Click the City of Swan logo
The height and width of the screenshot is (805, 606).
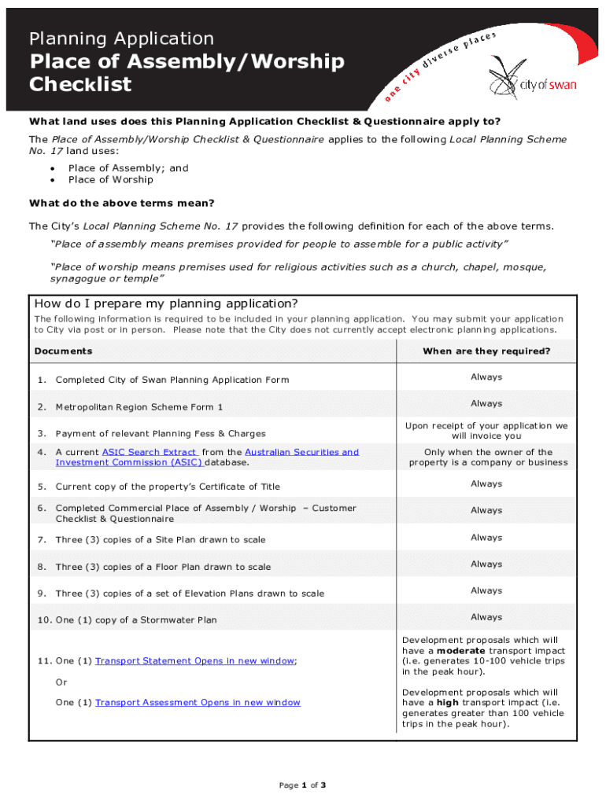[531, 79]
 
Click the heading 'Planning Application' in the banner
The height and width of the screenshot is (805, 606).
[121, 39]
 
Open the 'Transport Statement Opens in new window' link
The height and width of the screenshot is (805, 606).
[195, 661]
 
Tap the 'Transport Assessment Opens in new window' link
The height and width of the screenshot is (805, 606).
[198, 702]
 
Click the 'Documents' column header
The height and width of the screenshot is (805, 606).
[63, 351]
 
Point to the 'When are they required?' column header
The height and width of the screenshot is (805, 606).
[486, 351]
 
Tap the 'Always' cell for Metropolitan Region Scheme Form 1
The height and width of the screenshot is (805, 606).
[486, 403]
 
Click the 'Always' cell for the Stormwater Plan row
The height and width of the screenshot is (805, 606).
[486, 617]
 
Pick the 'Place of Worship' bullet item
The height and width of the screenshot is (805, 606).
[110, 179]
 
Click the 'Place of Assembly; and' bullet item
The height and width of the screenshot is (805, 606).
[128, 167]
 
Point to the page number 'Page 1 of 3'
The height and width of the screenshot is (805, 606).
[303, 785]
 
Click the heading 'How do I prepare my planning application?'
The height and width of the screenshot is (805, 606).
[166, 304]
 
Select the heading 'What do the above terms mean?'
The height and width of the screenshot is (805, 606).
[122, 203]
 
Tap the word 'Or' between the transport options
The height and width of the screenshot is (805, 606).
[61, 682]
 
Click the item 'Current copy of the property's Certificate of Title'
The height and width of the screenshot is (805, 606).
[167, 487]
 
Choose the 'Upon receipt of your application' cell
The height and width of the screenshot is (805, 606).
[486, 430]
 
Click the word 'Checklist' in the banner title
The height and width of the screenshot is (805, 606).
[80, 85]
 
